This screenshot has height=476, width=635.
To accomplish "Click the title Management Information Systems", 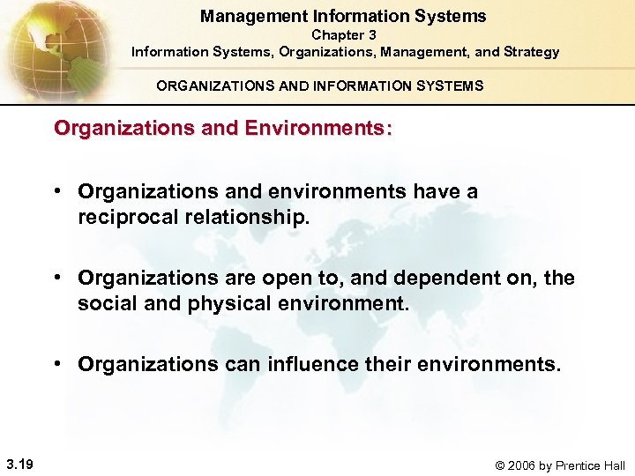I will tap(343, 16).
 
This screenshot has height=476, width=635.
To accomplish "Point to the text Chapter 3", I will tap(344, 34).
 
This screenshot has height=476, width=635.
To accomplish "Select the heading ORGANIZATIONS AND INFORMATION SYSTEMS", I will tap(319, 86).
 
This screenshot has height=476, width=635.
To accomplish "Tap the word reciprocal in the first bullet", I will tap(130, 217).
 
